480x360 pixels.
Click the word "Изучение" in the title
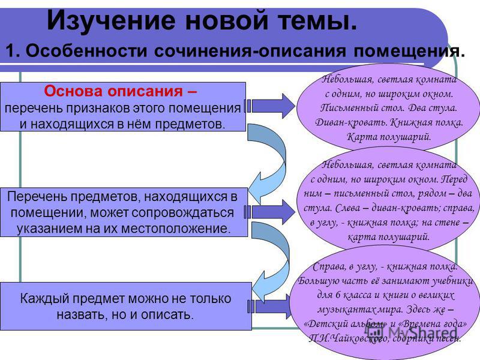tap(112, 22)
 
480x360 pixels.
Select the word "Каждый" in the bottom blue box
tap(44, 298)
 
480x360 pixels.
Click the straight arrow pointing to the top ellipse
tap(271, 106)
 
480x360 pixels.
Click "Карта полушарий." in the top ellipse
tap(389, 137)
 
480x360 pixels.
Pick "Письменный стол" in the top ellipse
tap(363, 109)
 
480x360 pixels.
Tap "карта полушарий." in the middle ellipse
tap(389, 236)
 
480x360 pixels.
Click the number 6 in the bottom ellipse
tap(338, 295)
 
